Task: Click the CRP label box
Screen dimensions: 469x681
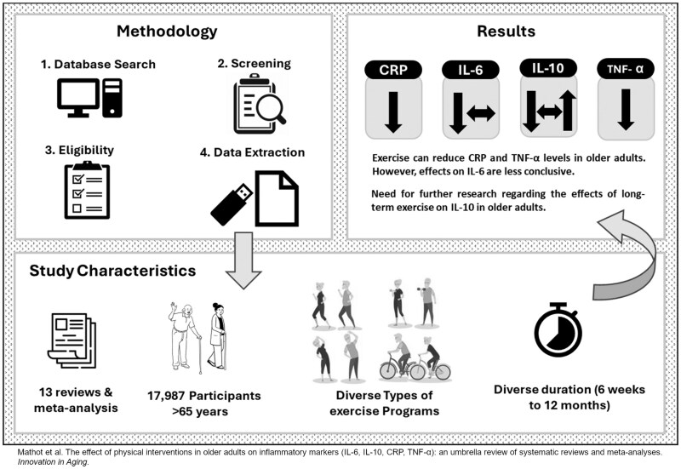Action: click(x=392, y=72)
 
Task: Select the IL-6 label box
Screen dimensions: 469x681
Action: click(x=464, y=72)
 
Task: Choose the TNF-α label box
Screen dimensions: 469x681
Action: click(x=624, y=71)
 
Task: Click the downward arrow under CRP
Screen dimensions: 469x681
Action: click(x=392, y=112)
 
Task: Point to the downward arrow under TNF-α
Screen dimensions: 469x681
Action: click(x=625, y=111)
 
